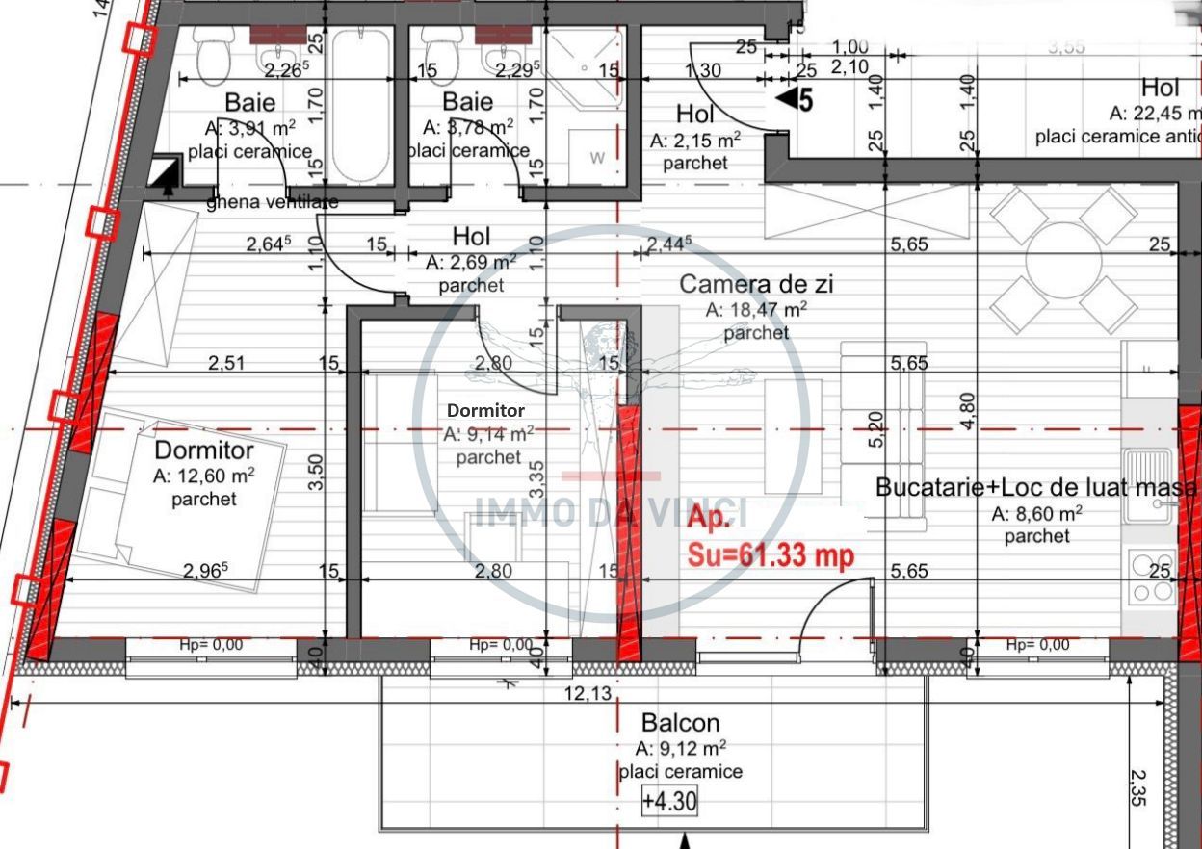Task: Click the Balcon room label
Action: click(680, 723)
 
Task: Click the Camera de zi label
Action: click(756, 284)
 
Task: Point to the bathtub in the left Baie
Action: click(361, 106)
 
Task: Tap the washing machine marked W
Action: click(597, 158)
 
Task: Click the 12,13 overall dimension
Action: click(589, 694)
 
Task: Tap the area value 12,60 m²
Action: click(203, 476)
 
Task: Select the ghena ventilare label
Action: click(273, 203)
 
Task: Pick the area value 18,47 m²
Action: click(756, 310)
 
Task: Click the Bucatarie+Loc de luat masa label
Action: click(1036, 488)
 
